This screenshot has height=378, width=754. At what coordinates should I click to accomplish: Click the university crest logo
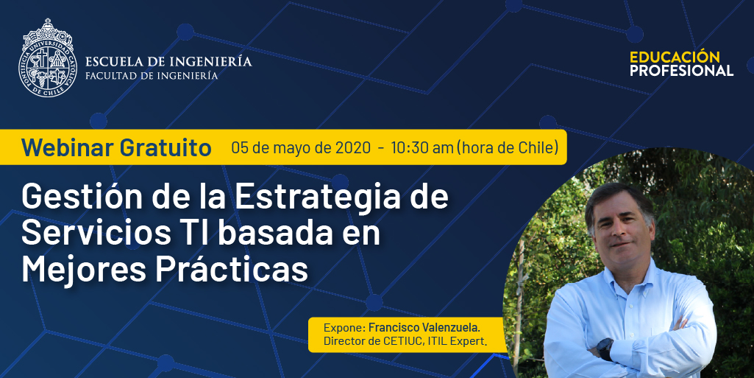(48, 58)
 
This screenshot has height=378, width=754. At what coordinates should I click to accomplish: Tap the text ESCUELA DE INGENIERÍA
(168, 62)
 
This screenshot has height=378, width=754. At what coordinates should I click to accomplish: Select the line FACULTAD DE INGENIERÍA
(152, 76)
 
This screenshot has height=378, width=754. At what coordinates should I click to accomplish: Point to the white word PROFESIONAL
(681, 70)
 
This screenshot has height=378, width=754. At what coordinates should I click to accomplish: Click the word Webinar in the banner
(68, 147)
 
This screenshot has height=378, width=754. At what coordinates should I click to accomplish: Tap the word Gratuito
(166, 147)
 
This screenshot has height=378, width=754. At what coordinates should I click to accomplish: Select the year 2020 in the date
(353, 147)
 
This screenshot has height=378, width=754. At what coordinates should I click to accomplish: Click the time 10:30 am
(422, 147)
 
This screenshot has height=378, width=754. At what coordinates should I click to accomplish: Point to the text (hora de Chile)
(508, 147)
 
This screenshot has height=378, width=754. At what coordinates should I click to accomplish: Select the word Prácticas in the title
(231, 270)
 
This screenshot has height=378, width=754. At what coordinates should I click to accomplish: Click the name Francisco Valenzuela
(424, 328)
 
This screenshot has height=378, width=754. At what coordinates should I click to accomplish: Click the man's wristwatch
(605, 348)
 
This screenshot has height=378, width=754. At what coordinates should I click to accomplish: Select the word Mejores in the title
(84, 270)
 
